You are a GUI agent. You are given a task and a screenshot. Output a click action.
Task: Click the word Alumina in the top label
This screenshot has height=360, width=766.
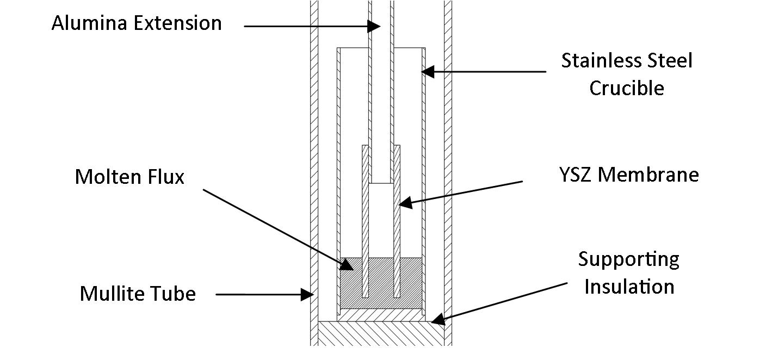[x=88, y=23]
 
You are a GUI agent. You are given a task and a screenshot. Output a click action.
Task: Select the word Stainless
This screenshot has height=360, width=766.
[x=595, y=60]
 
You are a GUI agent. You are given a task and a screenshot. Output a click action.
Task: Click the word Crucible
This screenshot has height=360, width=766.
[x=627, y=88]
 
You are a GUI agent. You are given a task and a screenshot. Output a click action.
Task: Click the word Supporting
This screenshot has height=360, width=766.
[x=628, y=260]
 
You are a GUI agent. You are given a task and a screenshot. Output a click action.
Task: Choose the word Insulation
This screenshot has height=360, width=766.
[x=629, y=287]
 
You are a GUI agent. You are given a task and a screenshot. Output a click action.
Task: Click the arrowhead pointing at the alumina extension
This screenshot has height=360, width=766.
[x=374, y=26]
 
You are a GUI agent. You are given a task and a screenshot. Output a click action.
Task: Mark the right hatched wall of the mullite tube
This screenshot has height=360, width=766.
[x=448, y=163]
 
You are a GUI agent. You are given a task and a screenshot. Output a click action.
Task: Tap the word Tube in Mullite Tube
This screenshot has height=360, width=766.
[x=176, y=294]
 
